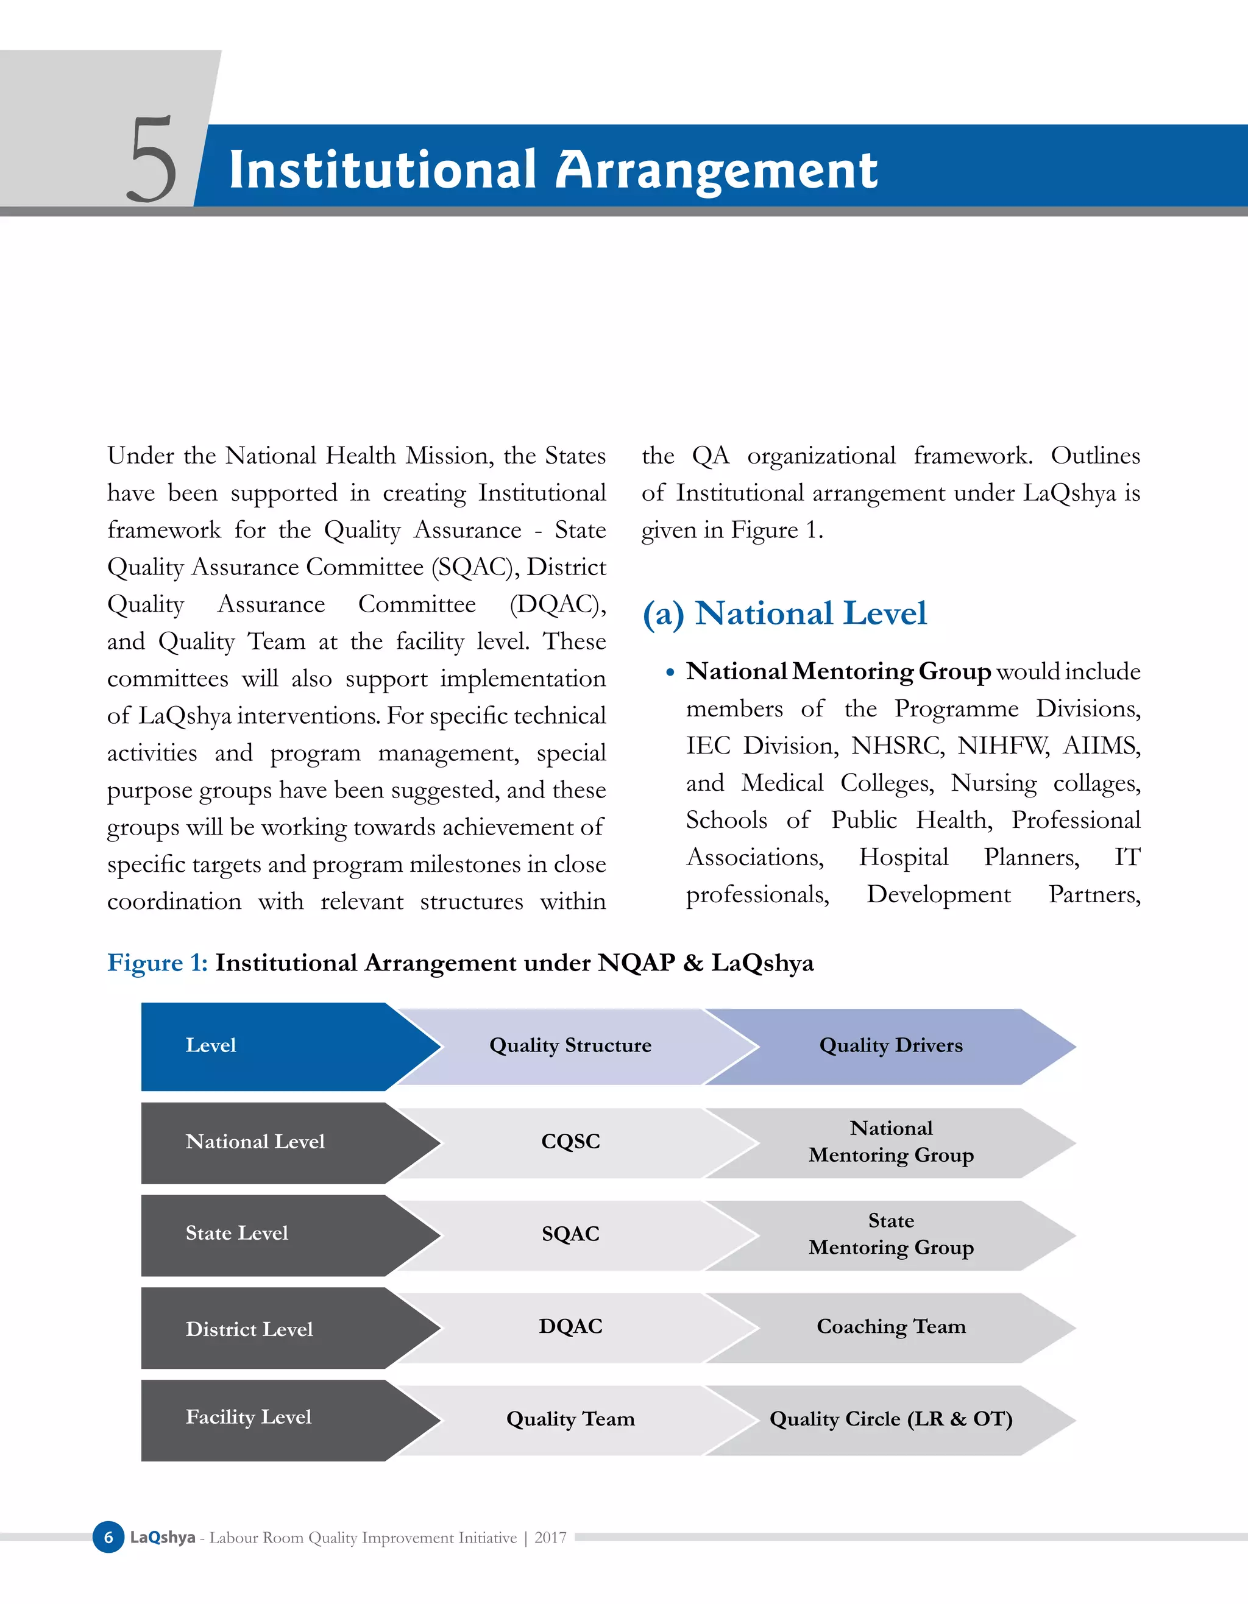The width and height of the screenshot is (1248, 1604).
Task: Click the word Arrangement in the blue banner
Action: (716, 171)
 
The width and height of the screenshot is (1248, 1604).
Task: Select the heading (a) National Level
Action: (784, 613)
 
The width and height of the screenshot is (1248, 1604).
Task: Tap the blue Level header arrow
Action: (279, 1046)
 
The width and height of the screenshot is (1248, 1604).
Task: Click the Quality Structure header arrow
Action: (570, 1046)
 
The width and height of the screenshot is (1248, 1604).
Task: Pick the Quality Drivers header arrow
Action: (890, 1046)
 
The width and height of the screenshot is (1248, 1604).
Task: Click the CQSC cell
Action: (570, 1141)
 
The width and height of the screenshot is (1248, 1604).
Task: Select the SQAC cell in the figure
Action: (570, 1234)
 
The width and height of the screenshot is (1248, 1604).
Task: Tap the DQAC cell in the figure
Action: (570, 1326)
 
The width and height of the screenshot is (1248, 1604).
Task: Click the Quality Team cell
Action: (570, 1419)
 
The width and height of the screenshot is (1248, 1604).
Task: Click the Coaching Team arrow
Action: (890, 1327)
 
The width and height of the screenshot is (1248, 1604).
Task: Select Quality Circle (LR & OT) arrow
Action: (890, 1419)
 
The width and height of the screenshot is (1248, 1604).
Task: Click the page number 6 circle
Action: (108, 1537)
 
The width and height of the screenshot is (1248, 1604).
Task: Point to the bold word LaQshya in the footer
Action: (162, 1537)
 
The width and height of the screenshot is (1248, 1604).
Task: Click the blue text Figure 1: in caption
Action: (157, 963)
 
